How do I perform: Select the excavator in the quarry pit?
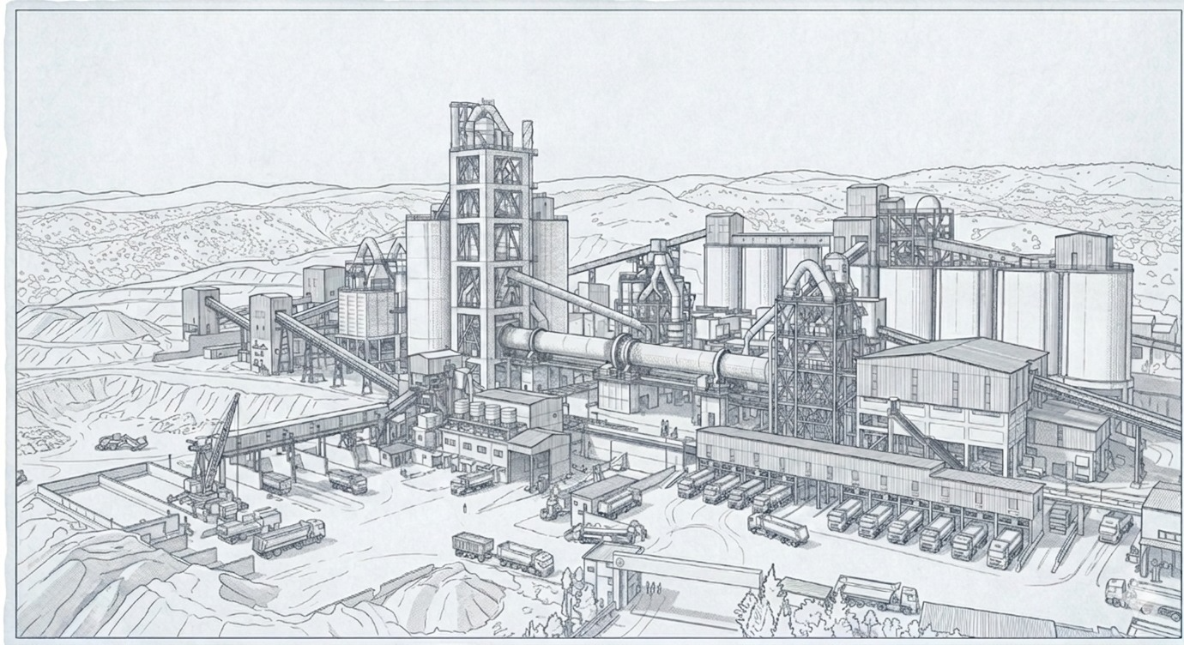[x=121, y=442]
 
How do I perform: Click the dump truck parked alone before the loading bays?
[x=777, y=529]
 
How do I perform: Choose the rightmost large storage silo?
[x=1096, y=326]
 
